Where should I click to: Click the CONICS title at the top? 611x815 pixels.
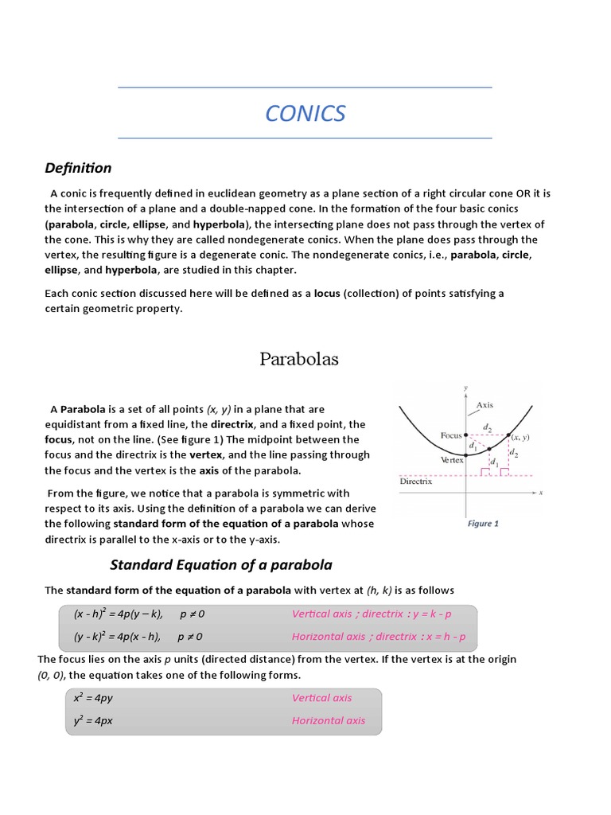305,114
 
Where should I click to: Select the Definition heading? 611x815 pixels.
78,168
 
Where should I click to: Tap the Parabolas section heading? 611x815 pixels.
299,359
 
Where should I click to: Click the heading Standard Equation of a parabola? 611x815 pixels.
220,565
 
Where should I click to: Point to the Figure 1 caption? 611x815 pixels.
484,524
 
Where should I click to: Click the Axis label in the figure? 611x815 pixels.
485,405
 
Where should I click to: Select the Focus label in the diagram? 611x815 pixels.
451,435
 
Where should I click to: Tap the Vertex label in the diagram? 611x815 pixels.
452,460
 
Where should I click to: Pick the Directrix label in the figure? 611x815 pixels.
415,482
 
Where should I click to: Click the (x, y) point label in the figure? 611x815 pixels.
520,437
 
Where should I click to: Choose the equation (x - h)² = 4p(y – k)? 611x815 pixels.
119,614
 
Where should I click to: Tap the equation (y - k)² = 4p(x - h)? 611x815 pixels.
118,637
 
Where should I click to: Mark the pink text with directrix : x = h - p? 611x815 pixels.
379,637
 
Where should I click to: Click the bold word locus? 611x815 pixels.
327,294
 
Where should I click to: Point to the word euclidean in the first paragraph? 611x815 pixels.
230,193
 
